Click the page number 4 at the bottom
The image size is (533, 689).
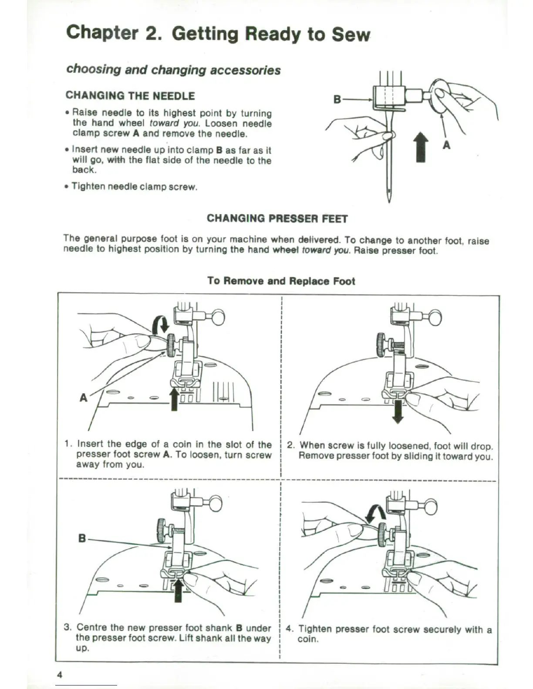pyautogui.click(x=60, y=675)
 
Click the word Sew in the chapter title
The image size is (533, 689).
pyautogui.click(x=351, y=35)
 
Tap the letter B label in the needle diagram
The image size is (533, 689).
pyautogui.click(x=337, y=99)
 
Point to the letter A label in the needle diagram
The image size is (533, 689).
pyautogui.click(x=446, y=145)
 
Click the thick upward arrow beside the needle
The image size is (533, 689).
pyautogui.click(x=420, y=146)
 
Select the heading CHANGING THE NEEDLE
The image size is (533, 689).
pyautogui.click(x=130, y=96)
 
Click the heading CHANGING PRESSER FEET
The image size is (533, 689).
pyautogui.click(x=277, y=218)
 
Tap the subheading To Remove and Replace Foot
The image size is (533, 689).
pyautogui.click(x=281, y=281)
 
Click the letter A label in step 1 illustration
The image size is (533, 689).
pyautogui.click(x=84, y=397)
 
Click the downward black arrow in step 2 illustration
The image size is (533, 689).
pyautogui.click(x=398, y=411)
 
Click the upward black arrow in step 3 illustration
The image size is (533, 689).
pyautogui.click(x=178, y=589)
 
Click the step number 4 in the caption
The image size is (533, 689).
pyautogui.click(x=290, y=629)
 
